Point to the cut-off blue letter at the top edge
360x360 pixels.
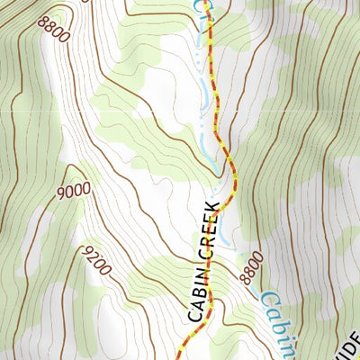pyautogui.click(x=201, y=5)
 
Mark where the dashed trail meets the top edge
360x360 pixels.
pyautogui.click(x=211, y=2)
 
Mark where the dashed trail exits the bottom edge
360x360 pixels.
pyautogui.click(x=177, y=357)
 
